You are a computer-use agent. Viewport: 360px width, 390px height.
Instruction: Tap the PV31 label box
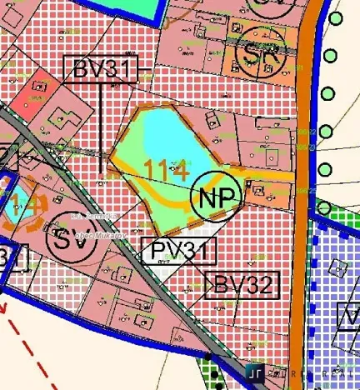(177, 250)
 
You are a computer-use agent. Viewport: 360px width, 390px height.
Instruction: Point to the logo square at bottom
(256, 372)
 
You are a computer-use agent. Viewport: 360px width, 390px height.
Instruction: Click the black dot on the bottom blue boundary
(208, 360)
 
